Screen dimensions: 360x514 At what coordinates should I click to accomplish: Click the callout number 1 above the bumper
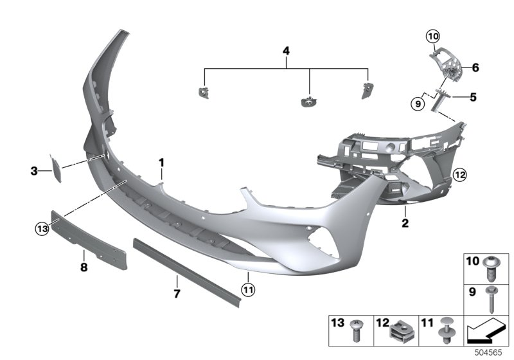pyautogui.click(x=162, y=163)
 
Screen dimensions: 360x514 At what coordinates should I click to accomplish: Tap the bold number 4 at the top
pyautogui.click(x=287, y=50)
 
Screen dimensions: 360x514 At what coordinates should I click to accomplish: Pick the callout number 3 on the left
pyautogui.click(x=34, y=170)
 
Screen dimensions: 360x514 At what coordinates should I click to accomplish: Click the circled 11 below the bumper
pyautogui.click(x=249, y=291)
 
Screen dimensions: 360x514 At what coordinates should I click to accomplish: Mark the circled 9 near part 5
pyautogui.click(x=418, y=102)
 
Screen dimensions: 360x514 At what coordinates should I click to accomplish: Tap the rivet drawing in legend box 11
pyautogui.click(x=445, y=331)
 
